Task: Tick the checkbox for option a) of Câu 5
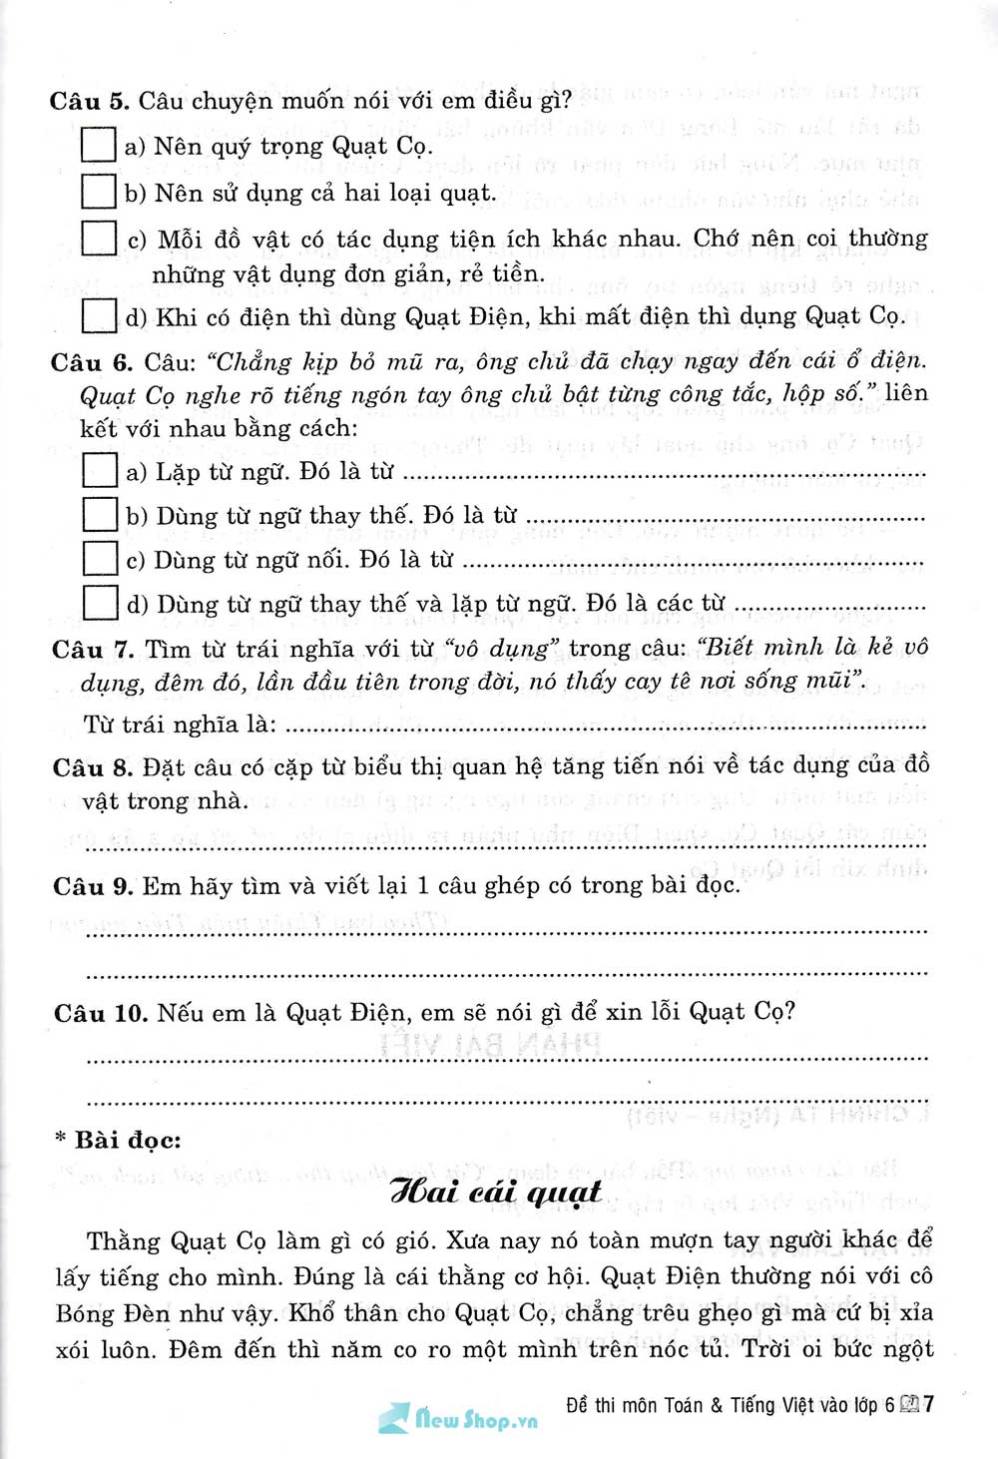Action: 98,145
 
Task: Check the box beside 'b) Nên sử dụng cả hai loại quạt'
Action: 98,191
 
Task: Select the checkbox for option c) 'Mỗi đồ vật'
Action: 98,238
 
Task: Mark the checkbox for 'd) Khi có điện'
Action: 98,315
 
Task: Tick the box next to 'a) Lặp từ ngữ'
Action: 99,470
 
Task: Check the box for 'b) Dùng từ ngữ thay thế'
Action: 99,514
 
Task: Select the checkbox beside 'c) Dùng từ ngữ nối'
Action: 99,558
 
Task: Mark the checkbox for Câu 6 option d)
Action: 99,602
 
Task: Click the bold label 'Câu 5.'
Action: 89,101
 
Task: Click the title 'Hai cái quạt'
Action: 496,1192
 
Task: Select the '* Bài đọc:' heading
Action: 118,1140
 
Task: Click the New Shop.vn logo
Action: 458,1418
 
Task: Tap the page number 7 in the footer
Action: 929,1404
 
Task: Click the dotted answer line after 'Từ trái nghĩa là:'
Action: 599,728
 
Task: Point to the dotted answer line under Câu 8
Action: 504,846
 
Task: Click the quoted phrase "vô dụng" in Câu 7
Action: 502,650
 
